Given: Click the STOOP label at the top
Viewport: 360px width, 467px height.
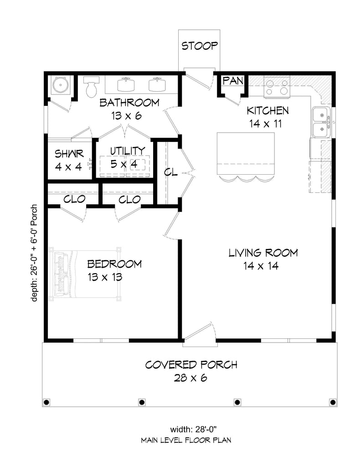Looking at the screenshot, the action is [200, 46].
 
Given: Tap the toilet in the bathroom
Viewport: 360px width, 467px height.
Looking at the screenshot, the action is [91, 87].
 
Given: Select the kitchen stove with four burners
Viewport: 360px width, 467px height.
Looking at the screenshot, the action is [277, 87].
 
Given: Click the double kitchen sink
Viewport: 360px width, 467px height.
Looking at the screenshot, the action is [321, 122].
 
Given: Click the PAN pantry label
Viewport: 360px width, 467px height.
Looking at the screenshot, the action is [233, 80].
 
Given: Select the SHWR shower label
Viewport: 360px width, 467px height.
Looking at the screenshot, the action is [69, 154].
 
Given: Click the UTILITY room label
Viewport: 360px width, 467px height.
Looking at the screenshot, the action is [128, 151].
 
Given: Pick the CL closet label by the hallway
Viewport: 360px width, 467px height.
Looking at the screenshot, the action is [171, 172].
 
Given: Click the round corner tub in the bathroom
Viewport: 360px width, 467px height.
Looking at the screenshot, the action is [61, 85].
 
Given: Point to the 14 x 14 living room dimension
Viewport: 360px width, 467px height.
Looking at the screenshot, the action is [261, 266].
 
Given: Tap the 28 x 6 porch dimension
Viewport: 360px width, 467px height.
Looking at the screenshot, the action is [190, 378].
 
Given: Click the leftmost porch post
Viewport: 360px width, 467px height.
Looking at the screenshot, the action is [46, 402].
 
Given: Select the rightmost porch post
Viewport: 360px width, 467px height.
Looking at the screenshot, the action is [333, 402].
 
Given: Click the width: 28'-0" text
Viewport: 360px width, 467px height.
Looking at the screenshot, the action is [193, 430].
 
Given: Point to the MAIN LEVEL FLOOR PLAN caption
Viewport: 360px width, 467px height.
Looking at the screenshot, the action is [186, 440].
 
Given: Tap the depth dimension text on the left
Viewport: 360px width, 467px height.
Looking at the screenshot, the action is [34, 253].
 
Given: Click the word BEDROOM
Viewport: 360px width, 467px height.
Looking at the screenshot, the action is [114, 264].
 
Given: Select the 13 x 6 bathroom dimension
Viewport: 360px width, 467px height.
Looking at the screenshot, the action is [126, 115].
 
